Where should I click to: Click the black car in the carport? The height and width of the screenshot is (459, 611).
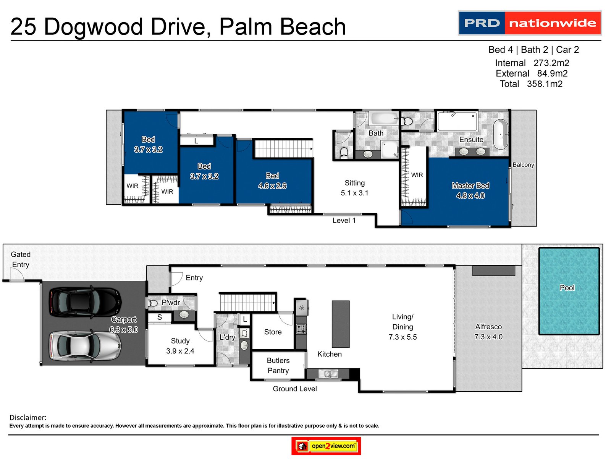point(85,302)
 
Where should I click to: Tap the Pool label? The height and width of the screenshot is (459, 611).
point(567,288)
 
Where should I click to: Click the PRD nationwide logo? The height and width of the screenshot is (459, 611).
point(530,23)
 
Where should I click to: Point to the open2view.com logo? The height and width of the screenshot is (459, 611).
point(326,446)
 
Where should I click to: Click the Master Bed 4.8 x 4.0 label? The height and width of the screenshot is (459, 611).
point(470,190)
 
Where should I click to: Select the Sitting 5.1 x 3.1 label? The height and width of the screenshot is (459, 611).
point(355,188)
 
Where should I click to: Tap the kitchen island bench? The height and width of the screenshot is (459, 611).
point(341,324)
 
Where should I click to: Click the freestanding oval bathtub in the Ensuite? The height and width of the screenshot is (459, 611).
point(500,134)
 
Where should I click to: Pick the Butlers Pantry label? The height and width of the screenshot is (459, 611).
point(278,365)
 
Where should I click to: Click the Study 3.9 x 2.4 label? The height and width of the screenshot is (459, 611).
point(180,346)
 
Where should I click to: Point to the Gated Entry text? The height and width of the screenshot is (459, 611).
point(21,259)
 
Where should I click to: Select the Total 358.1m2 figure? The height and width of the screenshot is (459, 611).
point(531,84)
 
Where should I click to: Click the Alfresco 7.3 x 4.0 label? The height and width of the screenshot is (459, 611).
point(488,332)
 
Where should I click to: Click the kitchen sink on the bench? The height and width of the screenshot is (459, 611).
point(328,374)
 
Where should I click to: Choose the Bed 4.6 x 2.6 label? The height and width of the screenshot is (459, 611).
point(272,181)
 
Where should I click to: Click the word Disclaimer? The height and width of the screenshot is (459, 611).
point(28,417)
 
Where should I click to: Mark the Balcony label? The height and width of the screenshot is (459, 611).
point(523,164)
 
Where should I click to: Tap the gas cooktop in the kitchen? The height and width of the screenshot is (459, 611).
point(301,329)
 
